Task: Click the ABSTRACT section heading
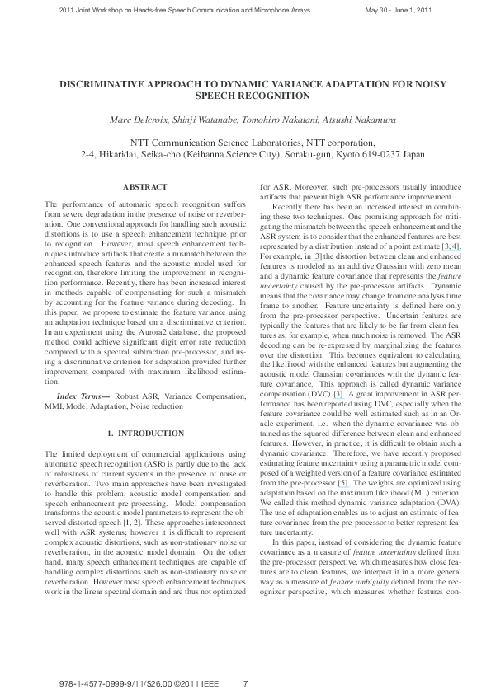(144, 188)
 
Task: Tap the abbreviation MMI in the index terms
(54, 406)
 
